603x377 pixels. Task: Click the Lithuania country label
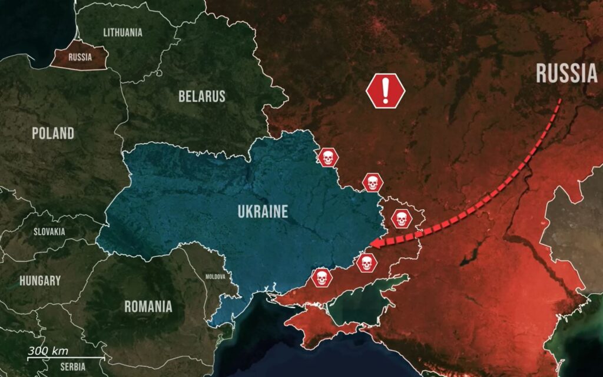click(122, 32)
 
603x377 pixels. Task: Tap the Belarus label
click(202, 96)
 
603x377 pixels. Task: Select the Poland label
click(53, 133)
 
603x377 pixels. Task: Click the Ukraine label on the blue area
click(263, 211)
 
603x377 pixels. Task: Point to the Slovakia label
click(49, 232)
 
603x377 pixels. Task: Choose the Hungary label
click(39, 280)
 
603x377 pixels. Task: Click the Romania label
click(148, 306)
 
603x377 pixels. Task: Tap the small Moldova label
click(215, 276)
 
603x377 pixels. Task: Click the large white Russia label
click(566, 74)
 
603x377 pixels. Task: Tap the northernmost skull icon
click(327, 157)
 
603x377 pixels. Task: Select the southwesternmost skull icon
click(321, 277)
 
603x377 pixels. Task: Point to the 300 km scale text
click(48, 351)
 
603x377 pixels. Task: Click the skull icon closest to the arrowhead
click(366, 263)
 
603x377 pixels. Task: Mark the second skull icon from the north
click(372, 183)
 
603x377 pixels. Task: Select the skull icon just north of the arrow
click(401, 219)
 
